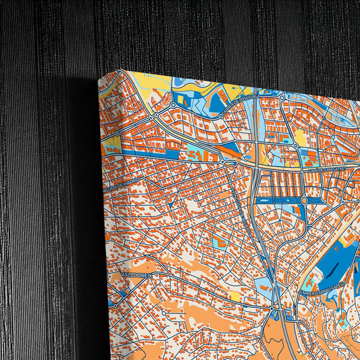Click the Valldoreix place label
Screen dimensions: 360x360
(137, 275)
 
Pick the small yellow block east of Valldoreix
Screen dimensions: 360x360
(234, 296)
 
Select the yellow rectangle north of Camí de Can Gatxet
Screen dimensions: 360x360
(299, 138)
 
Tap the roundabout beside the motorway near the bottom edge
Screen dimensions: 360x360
(275, 312)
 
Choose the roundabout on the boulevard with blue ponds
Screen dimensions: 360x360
(303, 200)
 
